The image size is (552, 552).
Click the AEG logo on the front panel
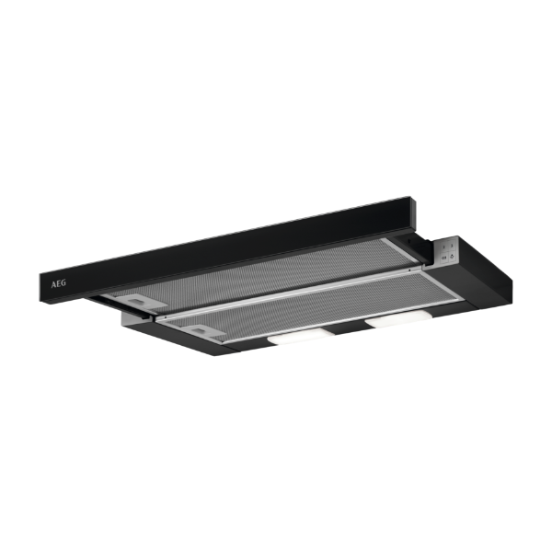[59, 283]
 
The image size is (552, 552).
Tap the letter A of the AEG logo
[53, 285]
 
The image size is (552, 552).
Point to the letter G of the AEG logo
[63, 282]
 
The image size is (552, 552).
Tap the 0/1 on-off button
[444, 259]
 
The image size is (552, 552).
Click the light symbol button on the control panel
[453, 256]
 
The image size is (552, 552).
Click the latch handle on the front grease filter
[202, 331]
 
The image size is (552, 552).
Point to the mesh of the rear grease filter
[260, 271]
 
